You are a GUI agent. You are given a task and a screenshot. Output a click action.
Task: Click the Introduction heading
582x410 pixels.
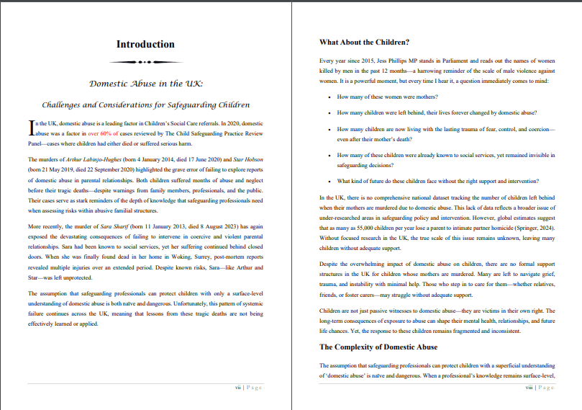pos(145,45)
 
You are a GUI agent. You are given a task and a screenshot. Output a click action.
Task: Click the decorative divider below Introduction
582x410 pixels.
pos(145,62)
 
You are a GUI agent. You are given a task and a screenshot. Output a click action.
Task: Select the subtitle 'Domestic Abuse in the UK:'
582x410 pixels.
pos(145,84)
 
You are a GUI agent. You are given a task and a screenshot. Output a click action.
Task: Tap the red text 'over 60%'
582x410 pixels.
pos(104,134)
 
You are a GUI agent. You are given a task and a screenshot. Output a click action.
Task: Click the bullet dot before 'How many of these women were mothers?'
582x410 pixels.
pos(329,97)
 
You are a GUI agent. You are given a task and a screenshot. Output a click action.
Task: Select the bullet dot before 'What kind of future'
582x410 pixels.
pos(329,181)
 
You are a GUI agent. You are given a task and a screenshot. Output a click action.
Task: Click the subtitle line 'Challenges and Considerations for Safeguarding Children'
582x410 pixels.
pos(145,105)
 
